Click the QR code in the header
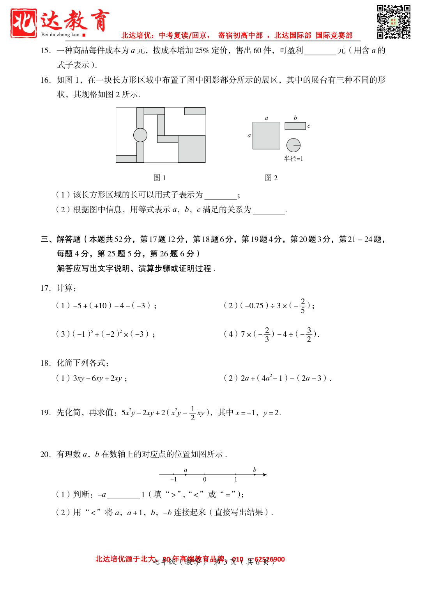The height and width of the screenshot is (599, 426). [393, 22]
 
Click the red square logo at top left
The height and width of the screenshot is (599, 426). [24, 23]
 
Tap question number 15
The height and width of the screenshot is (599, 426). [45, 50]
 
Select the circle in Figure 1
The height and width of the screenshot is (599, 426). [140, 135]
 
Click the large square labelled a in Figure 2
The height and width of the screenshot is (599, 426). [266, 135]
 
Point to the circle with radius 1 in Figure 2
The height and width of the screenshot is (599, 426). [293, 145]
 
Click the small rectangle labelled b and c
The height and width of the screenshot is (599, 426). [295, 126]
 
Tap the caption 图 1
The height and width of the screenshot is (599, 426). [160, 178]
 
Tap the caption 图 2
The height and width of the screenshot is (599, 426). [271, 178]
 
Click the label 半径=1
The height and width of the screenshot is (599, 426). [293, 158]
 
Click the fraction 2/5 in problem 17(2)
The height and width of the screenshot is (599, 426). [303, 306]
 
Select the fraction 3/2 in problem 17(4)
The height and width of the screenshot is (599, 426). [309, 334]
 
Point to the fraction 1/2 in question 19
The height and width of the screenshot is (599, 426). [193, 413]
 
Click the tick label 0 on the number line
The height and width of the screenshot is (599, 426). [205, 480]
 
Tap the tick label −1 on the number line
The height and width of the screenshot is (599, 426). [173, 480]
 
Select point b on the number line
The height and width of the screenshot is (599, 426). [255, 475]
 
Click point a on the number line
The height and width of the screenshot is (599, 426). [186, 475]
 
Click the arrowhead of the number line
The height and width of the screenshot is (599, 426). [265, 475]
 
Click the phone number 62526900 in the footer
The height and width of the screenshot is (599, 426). [270, 559]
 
